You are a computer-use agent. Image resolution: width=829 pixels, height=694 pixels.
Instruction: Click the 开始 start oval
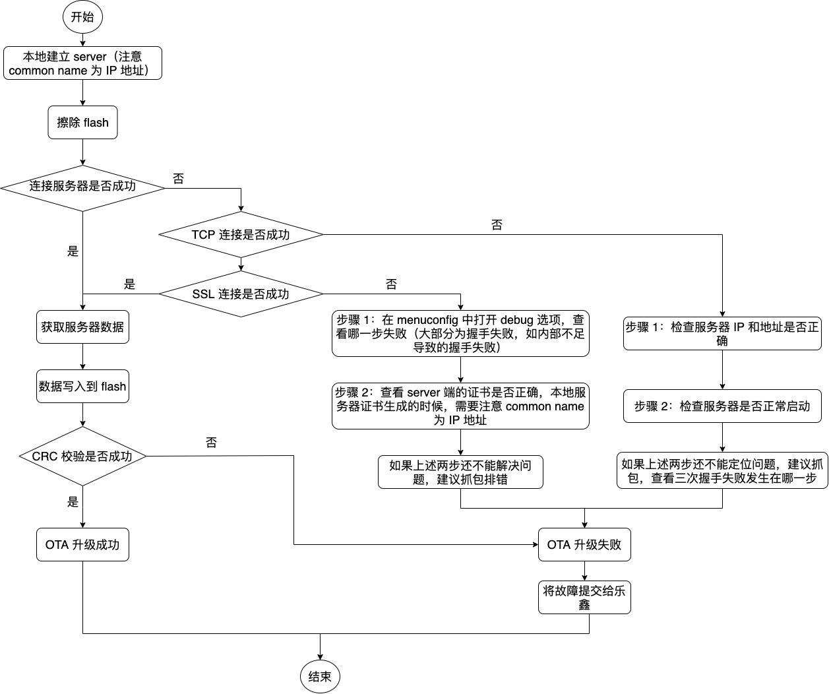[x=82, y=17]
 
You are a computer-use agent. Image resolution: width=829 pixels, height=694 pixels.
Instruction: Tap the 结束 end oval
[x=320, y=676]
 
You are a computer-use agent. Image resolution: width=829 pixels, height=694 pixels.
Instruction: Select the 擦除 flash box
[x=82, y=123]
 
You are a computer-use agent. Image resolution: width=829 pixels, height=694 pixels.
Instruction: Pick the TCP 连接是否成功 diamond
[x=241, y=235]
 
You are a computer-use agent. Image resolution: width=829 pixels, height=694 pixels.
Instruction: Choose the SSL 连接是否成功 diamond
[x=241, y=294]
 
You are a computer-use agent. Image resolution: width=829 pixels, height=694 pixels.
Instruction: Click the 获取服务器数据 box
[x=82, y=327]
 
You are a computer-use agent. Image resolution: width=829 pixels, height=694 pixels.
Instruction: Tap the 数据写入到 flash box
[x=82, y=387]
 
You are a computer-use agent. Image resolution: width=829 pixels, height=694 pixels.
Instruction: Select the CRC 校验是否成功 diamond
[x=82, y=456]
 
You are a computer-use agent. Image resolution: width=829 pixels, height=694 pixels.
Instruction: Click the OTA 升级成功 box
[x=82, y=545]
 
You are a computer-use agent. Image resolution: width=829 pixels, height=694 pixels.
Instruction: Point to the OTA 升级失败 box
[x=584, y=545]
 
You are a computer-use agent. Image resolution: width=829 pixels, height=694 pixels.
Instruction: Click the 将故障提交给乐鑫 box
[x=584, y=598]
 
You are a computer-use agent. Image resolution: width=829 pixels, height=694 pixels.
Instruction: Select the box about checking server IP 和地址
[x=722, y=334]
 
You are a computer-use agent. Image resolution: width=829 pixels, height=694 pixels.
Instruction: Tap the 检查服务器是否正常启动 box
[x=722, y=406]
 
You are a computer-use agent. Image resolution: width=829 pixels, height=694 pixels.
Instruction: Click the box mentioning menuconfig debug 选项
[x=460, y=334]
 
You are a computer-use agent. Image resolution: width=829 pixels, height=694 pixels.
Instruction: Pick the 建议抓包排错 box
[x=460, y=472]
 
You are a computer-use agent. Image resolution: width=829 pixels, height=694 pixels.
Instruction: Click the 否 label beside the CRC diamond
[x=211, y=443]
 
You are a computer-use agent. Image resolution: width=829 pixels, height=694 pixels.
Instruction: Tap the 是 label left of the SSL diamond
[x=130, y=284]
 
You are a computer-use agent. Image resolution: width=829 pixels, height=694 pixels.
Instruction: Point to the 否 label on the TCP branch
[x=497, y=225]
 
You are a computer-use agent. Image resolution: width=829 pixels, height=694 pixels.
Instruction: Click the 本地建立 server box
[x=82, y=63]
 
